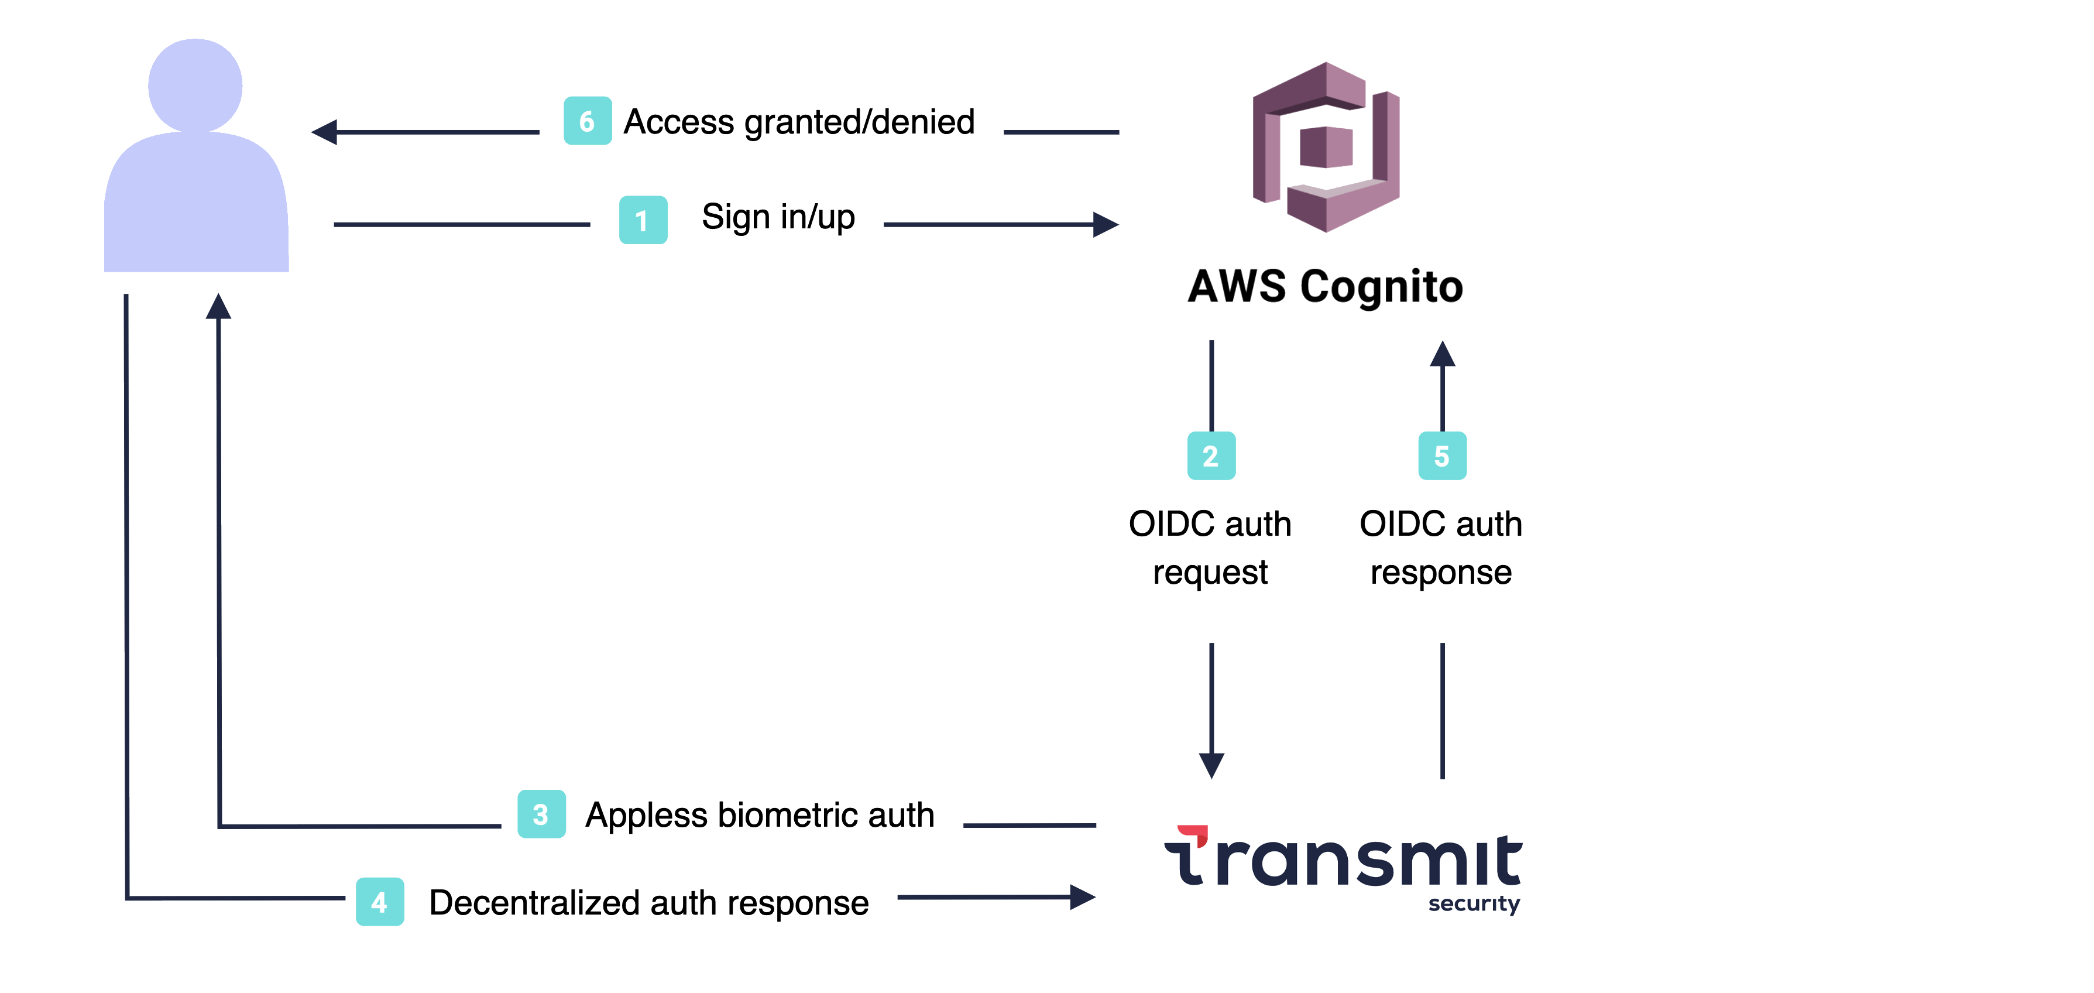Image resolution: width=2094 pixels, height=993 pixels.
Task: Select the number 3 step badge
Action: (541, 814)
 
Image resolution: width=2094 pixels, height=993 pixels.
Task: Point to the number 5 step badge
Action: (1442, 456)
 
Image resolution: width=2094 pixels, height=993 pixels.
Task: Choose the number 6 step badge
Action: (588, 121)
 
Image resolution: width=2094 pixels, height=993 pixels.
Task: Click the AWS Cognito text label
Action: (1325, 287)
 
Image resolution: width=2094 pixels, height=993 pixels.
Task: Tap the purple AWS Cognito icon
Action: (1326, 147)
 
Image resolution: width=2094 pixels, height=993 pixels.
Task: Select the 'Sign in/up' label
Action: (778, 217)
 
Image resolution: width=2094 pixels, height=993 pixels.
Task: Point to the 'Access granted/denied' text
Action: (798, 122)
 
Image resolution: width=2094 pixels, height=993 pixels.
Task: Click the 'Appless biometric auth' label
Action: (759, 815)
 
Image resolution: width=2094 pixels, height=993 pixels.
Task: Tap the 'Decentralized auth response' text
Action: (648, 903)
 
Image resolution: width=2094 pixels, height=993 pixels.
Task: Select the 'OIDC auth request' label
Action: (1210, 547)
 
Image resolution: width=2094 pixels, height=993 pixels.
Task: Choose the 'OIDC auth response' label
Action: (1440, 547)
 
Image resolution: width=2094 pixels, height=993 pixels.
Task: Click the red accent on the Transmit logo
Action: (1194, 834)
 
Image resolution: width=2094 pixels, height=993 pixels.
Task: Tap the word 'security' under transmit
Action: (1474, 903)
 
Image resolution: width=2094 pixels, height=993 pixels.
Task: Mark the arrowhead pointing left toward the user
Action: (325, 132)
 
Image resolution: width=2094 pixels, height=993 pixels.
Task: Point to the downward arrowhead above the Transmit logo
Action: (1211, 765)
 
